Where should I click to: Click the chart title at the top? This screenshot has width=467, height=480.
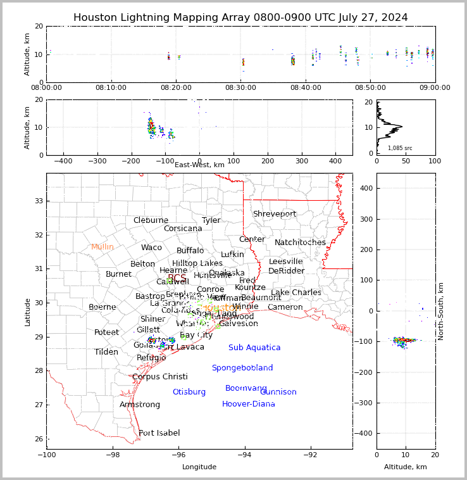240,18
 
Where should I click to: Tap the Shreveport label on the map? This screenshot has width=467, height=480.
275,214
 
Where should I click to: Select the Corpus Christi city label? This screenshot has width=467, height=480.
160,377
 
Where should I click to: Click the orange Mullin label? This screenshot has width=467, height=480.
103,247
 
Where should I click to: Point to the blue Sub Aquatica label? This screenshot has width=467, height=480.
254,348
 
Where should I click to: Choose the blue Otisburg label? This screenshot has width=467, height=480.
189,392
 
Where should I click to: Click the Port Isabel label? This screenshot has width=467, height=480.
159,433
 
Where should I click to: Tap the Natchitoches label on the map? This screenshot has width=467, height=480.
300,243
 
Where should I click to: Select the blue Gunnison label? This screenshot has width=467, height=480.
278,392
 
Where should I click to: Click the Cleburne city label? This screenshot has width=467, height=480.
151,220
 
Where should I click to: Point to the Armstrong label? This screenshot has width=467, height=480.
140,405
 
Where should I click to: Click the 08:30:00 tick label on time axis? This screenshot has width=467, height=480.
242,87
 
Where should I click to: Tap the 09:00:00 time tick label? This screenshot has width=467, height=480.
435,87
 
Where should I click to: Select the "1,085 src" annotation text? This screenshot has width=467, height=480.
400,148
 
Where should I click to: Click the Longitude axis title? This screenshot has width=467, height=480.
199,467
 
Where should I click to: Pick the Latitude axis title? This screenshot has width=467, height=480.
27,312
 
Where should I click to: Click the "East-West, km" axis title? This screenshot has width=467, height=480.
199,165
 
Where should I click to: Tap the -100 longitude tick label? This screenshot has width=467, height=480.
46,455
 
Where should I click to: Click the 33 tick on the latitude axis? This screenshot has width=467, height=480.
38,201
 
